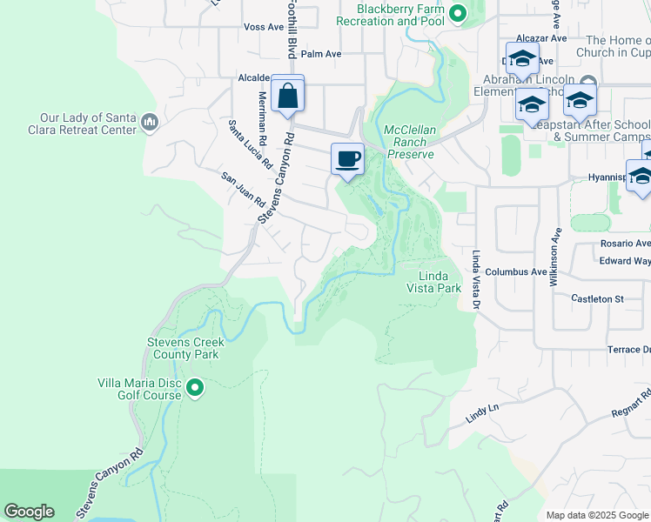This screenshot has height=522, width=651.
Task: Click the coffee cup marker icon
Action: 347,159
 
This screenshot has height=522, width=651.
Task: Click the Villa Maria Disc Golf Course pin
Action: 195,387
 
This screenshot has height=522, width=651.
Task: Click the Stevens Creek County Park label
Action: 185,348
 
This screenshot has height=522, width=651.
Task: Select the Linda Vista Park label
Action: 433,281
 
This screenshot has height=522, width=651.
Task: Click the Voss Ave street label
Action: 265,27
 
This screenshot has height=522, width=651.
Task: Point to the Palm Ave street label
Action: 321,54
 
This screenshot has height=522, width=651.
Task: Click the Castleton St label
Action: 598,298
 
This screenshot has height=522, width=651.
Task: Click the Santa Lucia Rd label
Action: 252,144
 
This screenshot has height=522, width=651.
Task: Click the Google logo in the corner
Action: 29,512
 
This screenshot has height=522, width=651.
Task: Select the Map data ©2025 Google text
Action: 597,515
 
